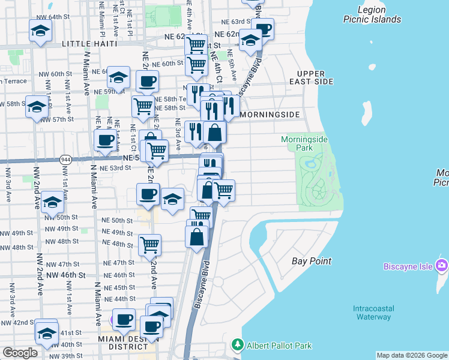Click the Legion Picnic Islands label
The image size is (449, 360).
coord(372,14)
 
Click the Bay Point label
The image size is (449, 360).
coord(312,261)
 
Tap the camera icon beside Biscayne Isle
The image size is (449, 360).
coord(442,265)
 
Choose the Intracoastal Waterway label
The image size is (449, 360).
coord(372,313)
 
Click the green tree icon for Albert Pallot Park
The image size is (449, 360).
coord(238,345)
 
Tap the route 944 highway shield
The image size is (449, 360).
coord(65,160)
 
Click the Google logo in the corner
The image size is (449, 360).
coord(20,352)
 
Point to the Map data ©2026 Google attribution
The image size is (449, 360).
coord(411,355)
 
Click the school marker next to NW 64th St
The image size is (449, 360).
coord(40,31)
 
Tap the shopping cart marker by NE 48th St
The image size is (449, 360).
coord(149,244)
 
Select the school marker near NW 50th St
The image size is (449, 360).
coord(52,202)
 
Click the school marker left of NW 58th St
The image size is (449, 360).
coord(37,107)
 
